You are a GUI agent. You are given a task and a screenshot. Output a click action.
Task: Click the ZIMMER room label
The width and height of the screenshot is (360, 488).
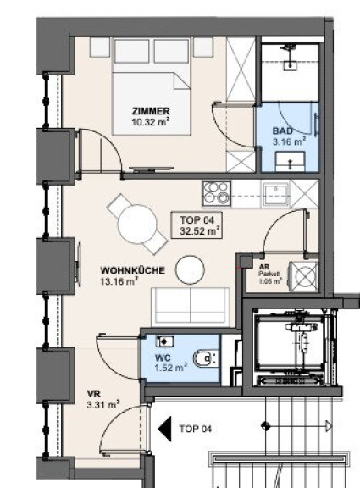pos(151,111)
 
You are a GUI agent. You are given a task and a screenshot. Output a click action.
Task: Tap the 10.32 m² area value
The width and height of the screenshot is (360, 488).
pos(151,121)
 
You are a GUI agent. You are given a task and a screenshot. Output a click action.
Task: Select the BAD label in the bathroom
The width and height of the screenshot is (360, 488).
pos(283,130)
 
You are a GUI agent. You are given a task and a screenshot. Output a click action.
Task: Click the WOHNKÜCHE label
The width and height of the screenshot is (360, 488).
pos(132,270)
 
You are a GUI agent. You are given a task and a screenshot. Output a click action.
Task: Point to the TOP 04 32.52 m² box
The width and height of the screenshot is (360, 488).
pos(197,225)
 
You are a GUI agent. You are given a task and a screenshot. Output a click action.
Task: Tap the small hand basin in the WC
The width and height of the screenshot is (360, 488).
pos(164,341)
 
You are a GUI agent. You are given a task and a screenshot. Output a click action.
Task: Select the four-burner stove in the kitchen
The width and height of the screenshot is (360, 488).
pos(217,193)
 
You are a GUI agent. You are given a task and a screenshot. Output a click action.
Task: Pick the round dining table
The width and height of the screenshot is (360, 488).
pos(137,225)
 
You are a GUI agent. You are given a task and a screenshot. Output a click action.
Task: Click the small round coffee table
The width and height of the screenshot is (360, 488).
pos(190,269)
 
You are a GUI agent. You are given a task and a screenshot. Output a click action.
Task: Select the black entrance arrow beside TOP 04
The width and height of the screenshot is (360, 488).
pos(164,429)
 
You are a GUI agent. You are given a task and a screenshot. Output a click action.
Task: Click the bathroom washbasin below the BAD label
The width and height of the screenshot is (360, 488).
pos(290,162)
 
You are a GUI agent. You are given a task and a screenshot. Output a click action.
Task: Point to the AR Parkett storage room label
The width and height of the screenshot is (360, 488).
pos(270,274)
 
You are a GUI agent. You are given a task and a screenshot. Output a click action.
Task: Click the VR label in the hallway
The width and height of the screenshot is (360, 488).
pos(94,394)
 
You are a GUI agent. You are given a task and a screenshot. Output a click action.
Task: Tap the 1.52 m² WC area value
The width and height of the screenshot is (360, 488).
pos(171,368)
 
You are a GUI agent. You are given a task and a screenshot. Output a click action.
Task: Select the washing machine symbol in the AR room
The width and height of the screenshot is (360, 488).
pos(304,276)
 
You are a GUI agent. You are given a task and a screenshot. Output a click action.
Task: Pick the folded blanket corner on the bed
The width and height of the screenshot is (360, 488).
pos(182,81)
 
